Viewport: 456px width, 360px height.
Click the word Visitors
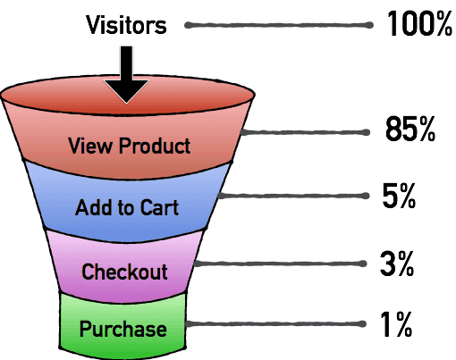point(126,25)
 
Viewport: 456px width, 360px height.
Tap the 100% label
point(419,23)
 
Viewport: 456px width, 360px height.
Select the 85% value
point(410,129)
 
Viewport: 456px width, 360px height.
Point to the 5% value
point(399,196)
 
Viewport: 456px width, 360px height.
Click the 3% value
point(397,264)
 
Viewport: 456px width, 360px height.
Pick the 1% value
point(396,324)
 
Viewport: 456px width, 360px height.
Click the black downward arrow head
point(126,90)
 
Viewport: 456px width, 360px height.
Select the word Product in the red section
point(155,146)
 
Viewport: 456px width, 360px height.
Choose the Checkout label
point(124,272)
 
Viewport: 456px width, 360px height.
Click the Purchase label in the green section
point(123,329)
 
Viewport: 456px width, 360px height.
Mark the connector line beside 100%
point(279,25)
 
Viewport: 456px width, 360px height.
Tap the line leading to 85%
point(305,132)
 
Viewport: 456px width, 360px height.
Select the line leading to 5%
point(293,196)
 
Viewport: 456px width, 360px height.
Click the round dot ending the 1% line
point(362,324)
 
